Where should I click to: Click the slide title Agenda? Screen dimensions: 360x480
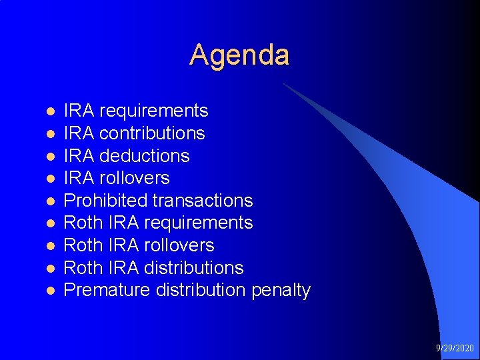tap(239, 55)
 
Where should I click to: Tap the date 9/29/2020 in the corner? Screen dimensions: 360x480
tap(455, 348)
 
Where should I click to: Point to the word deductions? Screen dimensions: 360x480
tap(144, 156)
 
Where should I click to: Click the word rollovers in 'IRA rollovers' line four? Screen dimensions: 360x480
tap(134, 178)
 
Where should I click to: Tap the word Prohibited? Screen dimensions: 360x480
tap(105, 201)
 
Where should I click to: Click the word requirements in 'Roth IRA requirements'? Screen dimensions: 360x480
tap(198, 223)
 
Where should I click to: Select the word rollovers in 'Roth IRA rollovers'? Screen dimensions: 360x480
tap(179, 245)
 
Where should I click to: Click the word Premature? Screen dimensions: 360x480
tap(107, 291)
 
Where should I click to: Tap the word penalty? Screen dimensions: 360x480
tap(281, 291)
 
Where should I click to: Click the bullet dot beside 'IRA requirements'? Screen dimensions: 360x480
tap(49, 111)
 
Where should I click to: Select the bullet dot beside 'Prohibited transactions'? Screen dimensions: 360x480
tap(49, 201)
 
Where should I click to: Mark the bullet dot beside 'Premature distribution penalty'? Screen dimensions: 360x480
tap(49, 291)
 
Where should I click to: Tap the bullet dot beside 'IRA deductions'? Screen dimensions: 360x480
tap(49, 157)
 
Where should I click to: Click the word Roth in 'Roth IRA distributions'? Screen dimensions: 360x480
tap(80, 268)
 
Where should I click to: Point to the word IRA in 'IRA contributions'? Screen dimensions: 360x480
tap(79, 133)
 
